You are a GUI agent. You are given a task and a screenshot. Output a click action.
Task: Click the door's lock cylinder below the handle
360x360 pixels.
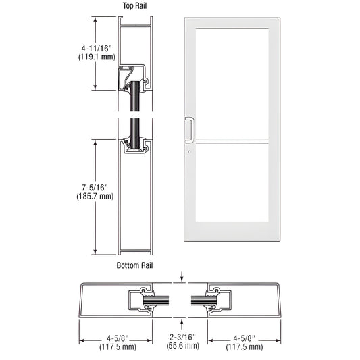click(x=189, y=151)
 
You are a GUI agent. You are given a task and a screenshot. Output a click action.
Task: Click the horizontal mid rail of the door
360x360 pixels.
click(x=230, y=143)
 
